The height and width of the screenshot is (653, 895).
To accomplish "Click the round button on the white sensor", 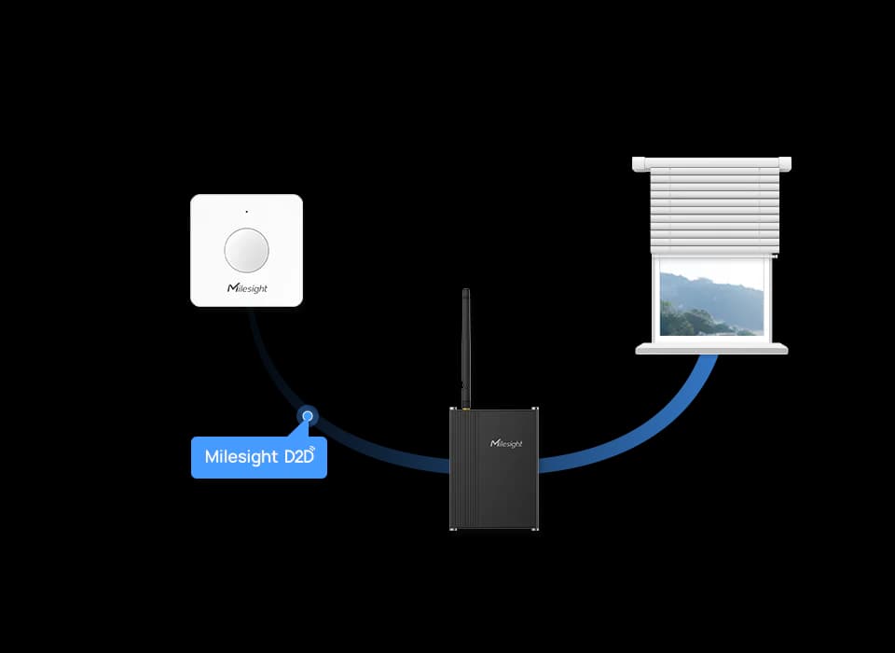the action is (x=246, y=250).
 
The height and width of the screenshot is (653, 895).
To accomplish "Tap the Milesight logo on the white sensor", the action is (x=247, y=288).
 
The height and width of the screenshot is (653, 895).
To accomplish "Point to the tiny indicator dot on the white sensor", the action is (x=246, y=212).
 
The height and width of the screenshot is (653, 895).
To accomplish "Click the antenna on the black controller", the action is (x=466, y=347).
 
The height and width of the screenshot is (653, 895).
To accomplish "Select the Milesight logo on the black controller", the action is (x=506, y=443).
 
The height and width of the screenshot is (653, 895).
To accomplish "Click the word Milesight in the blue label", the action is (x=241, y=457).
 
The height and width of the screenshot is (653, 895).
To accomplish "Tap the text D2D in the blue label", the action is (x=298, y=456).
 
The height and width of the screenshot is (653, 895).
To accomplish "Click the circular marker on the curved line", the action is (x=308, y=416).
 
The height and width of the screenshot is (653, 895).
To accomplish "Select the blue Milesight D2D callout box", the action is (x=259, y=457).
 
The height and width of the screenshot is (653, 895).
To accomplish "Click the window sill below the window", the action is (x=711, y=349).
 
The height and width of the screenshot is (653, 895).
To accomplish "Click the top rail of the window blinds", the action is (x=711, y=164).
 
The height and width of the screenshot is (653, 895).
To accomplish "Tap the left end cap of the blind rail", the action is (x=639, y=164).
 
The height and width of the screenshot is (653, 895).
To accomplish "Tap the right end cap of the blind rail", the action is (x=785, y=164).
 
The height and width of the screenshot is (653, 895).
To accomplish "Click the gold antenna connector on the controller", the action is (x=466, y=408).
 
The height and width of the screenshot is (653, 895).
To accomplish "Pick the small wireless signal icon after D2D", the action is (x=312, y=450).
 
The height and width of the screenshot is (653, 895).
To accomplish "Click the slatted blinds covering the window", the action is (x=715, y=212).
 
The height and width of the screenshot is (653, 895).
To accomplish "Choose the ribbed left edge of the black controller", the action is (x=459, y=468).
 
